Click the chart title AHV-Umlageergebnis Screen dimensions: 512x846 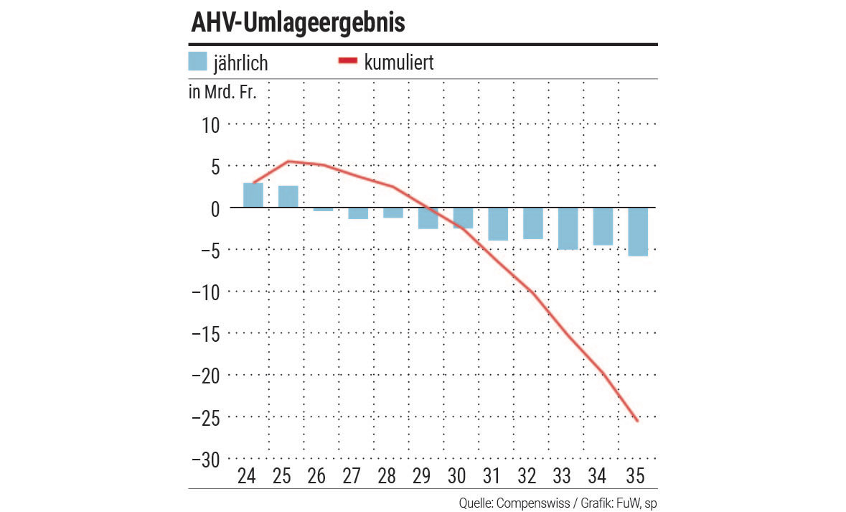(x=298, y=23)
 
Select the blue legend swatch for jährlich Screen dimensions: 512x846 (x=197, y=62)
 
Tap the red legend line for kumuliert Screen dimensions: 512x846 (x=347, y=62)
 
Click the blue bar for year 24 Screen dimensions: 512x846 (x=253, y=195)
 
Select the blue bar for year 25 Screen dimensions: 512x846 (x=288, y=197)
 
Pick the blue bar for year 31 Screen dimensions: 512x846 (x=498, y=224)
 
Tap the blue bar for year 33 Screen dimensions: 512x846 (x=568, y=228)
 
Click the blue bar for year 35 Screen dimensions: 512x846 (x=638, y=232)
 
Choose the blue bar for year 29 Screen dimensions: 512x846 (x=428, y=218)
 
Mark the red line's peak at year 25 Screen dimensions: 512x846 (x=288, y=162)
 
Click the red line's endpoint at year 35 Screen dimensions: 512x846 (x=638, y=421)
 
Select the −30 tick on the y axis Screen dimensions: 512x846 (x=205, y=460)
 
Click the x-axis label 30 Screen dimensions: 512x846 (x=456, y=476)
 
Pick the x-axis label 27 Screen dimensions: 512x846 (x=352, y=476)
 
